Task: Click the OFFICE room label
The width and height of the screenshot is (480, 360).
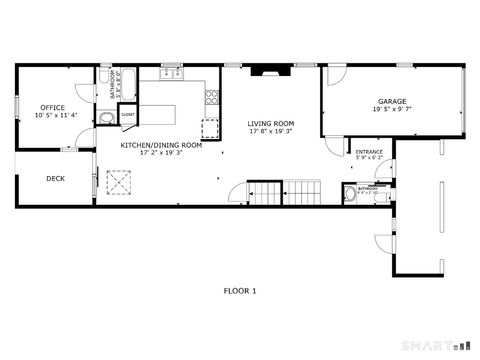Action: pyautogui.click(x=52, y=107)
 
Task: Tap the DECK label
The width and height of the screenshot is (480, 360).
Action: pyautogui.click(x=56, y=179)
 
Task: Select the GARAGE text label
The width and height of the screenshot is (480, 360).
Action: pyautogui.click(x=391, y=102)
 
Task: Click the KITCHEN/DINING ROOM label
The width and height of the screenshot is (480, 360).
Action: pyautogui.click(x=161, y=145)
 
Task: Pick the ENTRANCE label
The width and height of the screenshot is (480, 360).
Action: pyautogui.click(x=369, y=152)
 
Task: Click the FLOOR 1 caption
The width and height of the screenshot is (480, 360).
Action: pyautogui.click(x=240, y=291)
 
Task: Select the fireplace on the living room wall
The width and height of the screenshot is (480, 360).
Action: pyautogui.click(x=265, y=71)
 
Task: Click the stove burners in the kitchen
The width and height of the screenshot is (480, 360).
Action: pyautogui.click(x=211, y=97)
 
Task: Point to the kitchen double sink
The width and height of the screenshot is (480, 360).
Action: pyautogui.click(x=169, y=74)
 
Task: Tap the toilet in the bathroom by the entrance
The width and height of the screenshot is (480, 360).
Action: pyautogui.click(x=349, y=194)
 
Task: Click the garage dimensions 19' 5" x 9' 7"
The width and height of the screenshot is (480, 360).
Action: pyautogui.click(x=391, y=110)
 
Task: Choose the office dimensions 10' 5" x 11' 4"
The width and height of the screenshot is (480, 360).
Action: pyautogui.click(x=52, y=115)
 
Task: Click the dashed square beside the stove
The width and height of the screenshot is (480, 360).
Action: pyautogui.click(x=210, y=127)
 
